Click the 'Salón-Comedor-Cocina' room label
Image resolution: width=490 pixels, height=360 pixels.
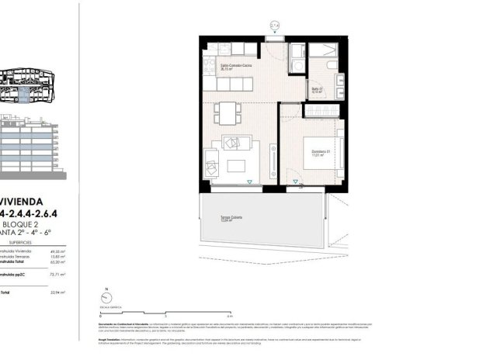236,67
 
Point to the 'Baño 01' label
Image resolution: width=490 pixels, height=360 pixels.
318,89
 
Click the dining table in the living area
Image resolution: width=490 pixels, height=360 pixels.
226,113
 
